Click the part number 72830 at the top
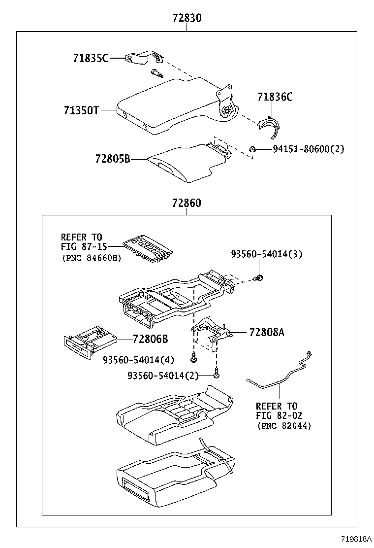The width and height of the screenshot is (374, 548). click(187, 19)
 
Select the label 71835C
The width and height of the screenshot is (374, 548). click(91, 58)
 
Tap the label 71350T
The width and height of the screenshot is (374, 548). click(81, 110)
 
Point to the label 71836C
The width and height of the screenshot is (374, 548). click(275, 97)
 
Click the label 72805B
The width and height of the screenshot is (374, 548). click(113, 159)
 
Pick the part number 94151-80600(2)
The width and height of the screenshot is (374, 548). click(309, 149)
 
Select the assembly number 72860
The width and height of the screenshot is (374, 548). click(187, 203)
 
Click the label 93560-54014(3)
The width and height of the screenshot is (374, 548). click(267, 254)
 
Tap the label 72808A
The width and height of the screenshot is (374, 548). click(267, 332)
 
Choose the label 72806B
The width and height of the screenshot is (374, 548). click(150, 339)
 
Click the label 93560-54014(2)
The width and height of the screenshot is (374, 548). click(163, 376)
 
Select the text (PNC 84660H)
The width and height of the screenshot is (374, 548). click(92, 258)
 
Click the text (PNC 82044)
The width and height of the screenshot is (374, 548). click(283, 426)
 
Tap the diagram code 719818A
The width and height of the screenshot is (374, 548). click(354, 540)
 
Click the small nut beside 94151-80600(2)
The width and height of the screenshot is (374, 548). click(251, 149)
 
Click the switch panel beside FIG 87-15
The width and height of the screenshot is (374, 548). click(151, 247)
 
